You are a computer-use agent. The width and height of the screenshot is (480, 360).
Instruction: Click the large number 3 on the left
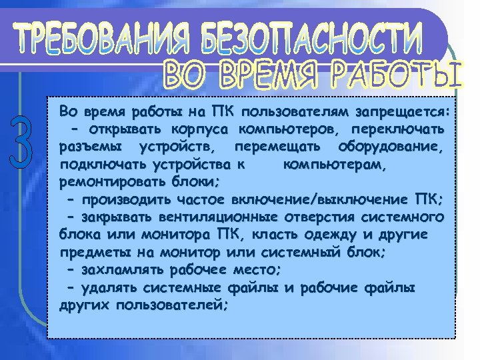coord(21,143)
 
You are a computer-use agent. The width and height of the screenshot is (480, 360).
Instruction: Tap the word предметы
coord(91,253)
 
